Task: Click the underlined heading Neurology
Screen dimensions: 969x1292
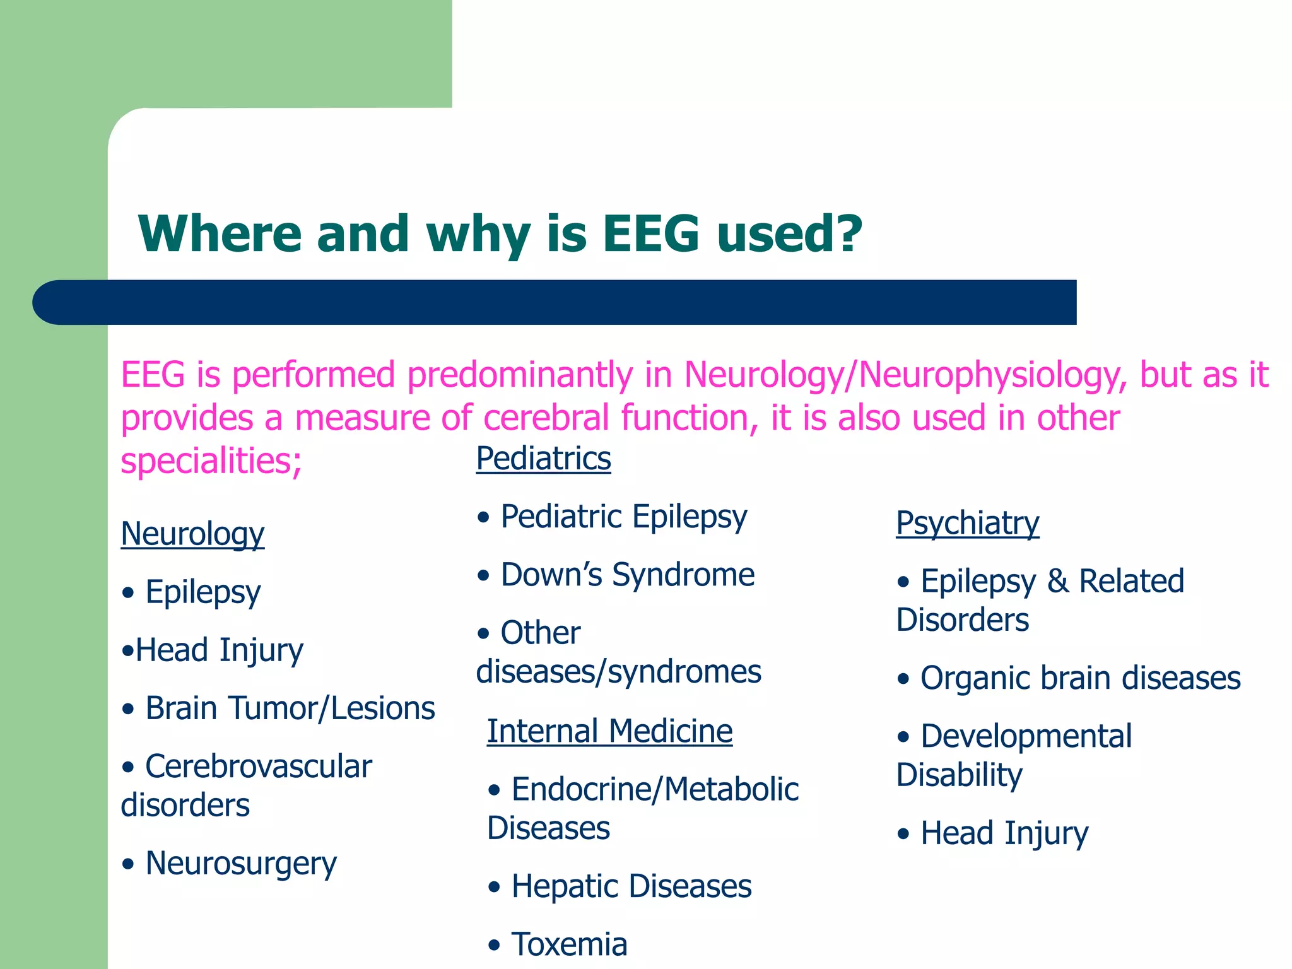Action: pos(192,534)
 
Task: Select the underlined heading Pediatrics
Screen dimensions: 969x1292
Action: pos(543,458)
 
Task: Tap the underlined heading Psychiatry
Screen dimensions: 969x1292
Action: pos(967,523)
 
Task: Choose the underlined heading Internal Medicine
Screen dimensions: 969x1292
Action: pos(609,731)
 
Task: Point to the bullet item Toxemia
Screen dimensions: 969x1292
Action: pos(569,944)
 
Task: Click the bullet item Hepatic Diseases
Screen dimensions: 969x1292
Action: pos(631,886)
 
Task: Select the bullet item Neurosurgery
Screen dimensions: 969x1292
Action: pos(240,863)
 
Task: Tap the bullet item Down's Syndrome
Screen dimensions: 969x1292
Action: pos(627,575)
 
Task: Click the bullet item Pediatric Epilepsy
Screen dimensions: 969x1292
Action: pos(623,517)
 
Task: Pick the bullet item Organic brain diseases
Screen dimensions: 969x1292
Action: pos(1080,678)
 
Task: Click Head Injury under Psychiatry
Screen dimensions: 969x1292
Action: pos(1004,833)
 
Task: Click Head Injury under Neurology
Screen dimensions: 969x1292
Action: pos(219,650)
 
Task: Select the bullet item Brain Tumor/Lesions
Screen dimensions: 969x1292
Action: pos(290,708)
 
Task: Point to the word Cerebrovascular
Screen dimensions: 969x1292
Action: pos(259,766)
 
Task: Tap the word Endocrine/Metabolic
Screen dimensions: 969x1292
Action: pos(655,789)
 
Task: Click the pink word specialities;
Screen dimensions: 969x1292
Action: pos(211,461)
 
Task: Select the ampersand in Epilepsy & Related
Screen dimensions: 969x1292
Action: pos(1057,581)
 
